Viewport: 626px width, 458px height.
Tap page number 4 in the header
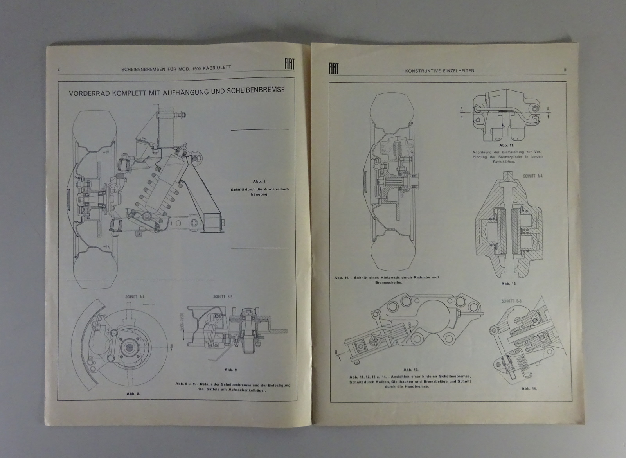[x=58, y=70]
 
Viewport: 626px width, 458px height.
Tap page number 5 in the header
[x=565, y=70]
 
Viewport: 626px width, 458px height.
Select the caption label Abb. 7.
[x=259, y=181]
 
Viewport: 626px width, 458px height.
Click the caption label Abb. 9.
[x=231, y=369]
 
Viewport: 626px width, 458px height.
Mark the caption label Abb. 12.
[x=509, y=283]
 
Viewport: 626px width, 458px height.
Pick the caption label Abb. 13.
[x=411, y=370]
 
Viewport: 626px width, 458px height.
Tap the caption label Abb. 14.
[x=529, y=389]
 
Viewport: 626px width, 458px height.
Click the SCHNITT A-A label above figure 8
[x=133, y=297]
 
